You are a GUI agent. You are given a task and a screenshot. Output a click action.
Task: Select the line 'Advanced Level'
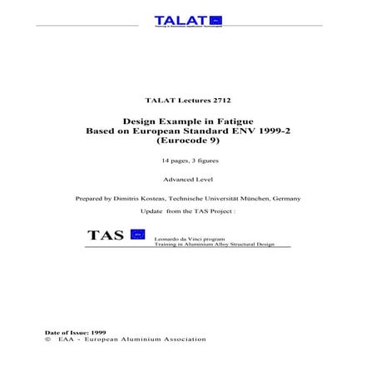[x=188, y=179]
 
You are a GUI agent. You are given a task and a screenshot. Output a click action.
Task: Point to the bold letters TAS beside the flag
[x=106, y=235]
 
